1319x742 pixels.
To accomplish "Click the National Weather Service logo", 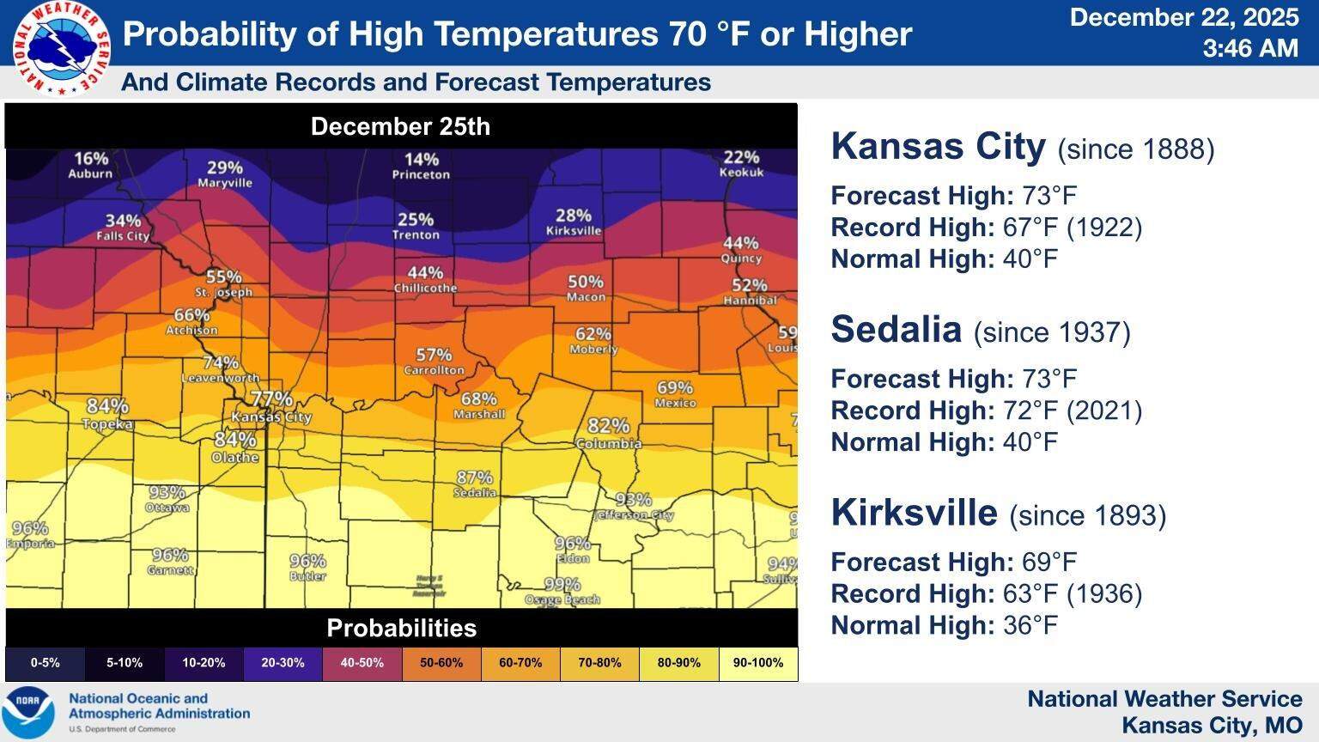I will [61, 47].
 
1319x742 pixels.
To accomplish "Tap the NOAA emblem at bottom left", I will [27, 712].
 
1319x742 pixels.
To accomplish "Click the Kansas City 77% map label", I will [271, 407].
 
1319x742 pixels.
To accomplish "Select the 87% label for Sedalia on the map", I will [475, 484].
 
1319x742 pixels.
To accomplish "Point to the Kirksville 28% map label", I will [574, 222].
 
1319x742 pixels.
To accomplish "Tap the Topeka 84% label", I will [107, 414].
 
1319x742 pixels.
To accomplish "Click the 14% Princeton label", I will [421, 166].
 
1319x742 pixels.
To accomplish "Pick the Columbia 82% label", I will [609, 434].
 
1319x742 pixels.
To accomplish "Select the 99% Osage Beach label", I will [562, 591].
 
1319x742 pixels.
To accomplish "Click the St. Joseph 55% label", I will [223, 283].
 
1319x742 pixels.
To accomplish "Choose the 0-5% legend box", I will [45, 663].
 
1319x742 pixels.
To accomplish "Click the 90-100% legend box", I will [758, 663].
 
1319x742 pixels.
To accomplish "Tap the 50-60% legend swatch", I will [441, 663].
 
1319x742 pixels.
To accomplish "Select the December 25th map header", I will [400, 126].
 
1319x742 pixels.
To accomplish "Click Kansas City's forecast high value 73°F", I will [1049, 196].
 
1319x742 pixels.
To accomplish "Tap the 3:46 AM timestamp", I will [1249, 48].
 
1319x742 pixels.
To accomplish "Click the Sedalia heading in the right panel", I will [896, 330].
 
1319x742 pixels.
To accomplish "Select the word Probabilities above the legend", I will [401, 628].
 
